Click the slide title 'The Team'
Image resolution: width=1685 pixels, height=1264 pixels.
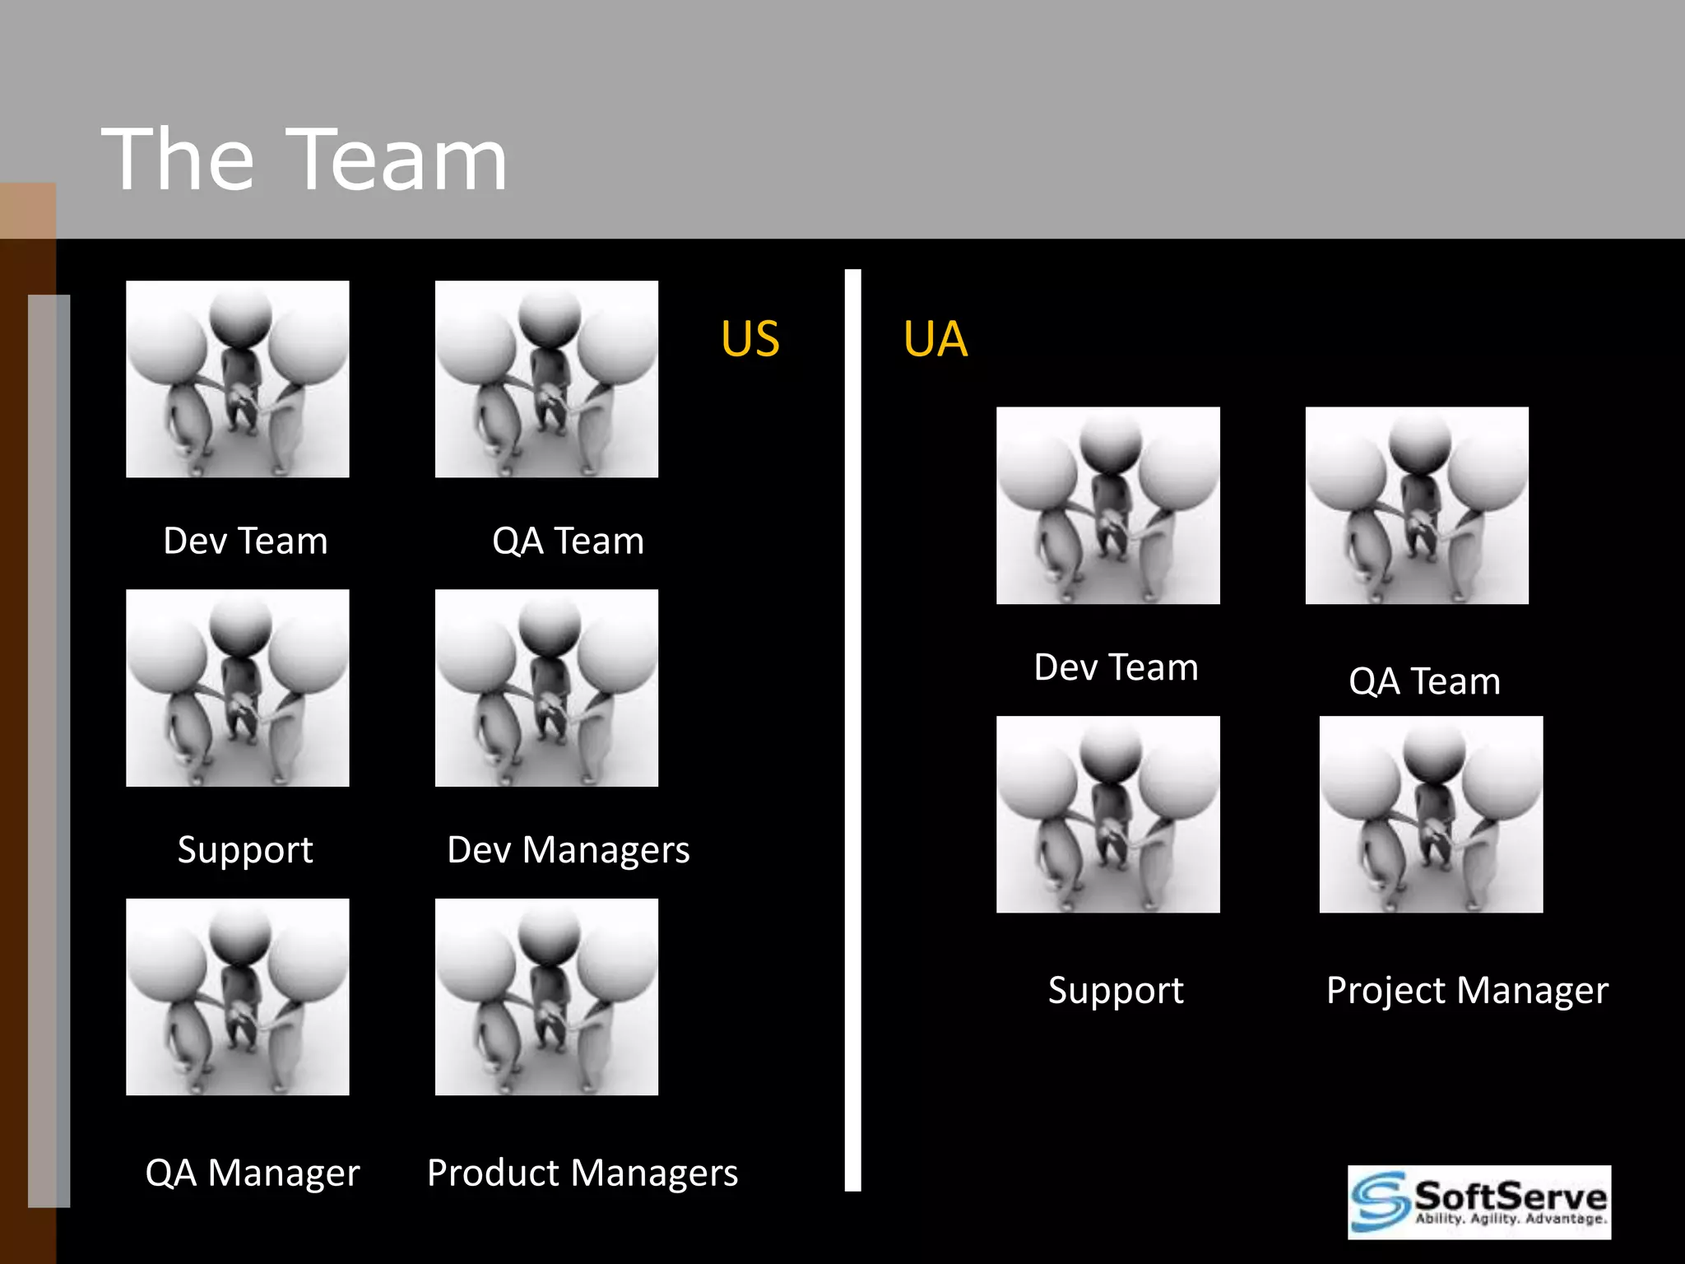(x=304, y=160)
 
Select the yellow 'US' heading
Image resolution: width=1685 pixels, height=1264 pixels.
(x=750, y=339)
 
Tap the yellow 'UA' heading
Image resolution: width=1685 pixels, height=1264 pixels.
(x=935, y=339)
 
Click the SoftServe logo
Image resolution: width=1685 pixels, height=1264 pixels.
(x=1478, y=1201)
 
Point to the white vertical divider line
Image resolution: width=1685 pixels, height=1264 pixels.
(x=852, y=730)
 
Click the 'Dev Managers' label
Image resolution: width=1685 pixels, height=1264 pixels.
(x=568, y=850)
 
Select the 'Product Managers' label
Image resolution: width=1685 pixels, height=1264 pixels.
(x=583, y=1173)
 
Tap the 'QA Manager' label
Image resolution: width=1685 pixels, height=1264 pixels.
(x=253, y=1173)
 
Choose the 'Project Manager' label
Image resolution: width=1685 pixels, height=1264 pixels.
(x=1467, y=990)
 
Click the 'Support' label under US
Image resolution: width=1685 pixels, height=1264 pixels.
(x=245, y=850)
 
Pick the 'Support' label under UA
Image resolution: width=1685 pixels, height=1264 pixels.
(x=1116, y=990)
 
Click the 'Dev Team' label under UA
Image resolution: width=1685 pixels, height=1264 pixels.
(x=1116, y=667)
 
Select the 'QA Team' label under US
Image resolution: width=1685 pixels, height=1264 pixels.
(x=568, y=541)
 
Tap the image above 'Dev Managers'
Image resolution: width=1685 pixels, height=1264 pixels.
(x=546, y=688)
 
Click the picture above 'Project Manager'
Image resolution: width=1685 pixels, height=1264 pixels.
(x=1431, y=815)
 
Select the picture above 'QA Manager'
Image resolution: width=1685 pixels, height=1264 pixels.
(x=238, y=997)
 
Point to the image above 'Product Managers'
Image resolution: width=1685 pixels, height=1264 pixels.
(x=546, y=997)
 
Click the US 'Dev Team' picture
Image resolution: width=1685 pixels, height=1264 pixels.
(x=238, y=379)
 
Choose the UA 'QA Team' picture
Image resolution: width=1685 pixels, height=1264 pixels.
(x=1417, y=505)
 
